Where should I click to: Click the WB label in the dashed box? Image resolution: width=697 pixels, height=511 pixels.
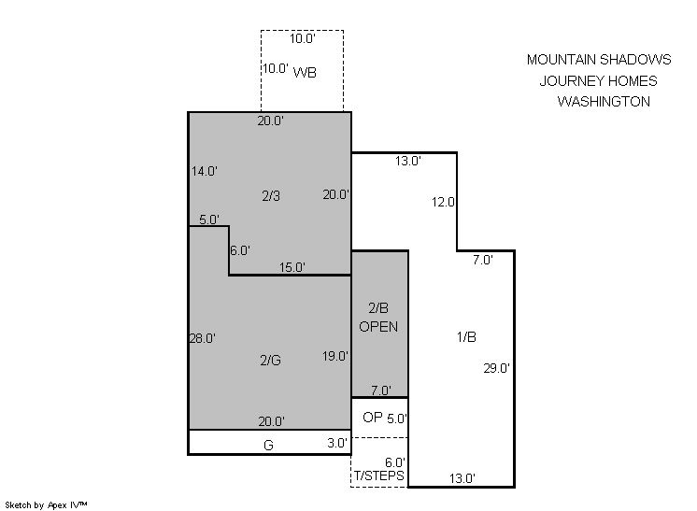pyautogui.click(x=305, y=72)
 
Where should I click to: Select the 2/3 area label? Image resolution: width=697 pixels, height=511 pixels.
pyautogui.click(x=271, y=195)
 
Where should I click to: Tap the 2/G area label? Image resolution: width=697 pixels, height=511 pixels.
pyautogui.click(x=270, y=360)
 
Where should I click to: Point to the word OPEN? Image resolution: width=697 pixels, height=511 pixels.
pyautogui.click(x=378, y=327)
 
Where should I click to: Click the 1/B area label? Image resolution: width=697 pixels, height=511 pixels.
pyautogui.click(x=466, y=337)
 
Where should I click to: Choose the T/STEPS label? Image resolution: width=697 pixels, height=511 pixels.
pyautogui.click(x=379, y=476)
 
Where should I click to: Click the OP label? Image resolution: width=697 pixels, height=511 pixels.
pyautogui.click(x=373, y=418)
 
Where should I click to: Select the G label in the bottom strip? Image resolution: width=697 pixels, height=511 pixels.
pyautogui.click(x=268, y=445)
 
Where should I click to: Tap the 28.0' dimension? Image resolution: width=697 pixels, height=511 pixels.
pyautogui.click(x=202, y=338)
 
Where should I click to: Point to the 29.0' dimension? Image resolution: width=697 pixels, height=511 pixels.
pyautogui.click(x=496, y=368)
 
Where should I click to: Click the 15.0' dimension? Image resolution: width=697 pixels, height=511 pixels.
pyautogui.click(x=292, y=267)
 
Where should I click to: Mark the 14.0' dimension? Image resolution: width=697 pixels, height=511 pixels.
pyautogui.click(x=204, y=171)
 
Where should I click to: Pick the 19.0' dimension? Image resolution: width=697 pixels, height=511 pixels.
pyautogui.click(x=335, y=356)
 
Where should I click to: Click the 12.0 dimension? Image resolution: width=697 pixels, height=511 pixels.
pyautogui.click(x=443, y=202)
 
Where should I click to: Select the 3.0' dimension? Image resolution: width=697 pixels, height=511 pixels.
pyautogui.click(x=337, y=443)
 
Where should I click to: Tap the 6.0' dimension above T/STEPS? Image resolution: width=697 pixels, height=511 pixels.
pyautogui.click(x=394, y=462)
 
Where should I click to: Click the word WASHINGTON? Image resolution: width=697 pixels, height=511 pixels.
pyautogui.click(x=604, y=101)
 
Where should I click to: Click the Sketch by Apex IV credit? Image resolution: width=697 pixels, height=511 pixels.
pyautogui.click(x=46, y=504)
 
